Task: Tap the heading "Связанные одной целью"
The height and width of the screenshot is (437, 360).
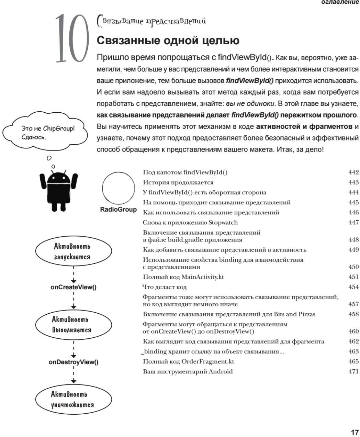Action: tap(168, 41)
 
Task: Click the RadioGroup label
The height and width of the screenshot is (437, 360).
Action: tap(118, 210)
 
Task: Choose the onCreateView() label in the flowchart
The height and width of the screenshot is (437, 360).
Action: tap(73, 287)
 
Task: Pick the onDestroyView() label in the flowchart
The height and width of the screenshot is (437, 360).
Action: tap(73, 362)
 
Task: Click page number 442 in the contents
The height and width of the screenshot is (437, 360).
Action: tap(353, 172)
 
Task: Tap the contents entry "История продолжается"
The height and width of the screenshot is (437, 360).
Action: tap(178, 182)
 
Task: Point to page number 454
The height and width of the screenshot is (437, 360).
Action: tap(353, 287)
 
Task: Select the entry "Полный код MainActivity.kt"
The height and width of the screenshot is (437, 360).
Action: tap(183, 277)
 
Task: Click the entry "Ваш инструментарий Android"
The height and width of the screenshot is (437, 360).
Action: tap(188, 371)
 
